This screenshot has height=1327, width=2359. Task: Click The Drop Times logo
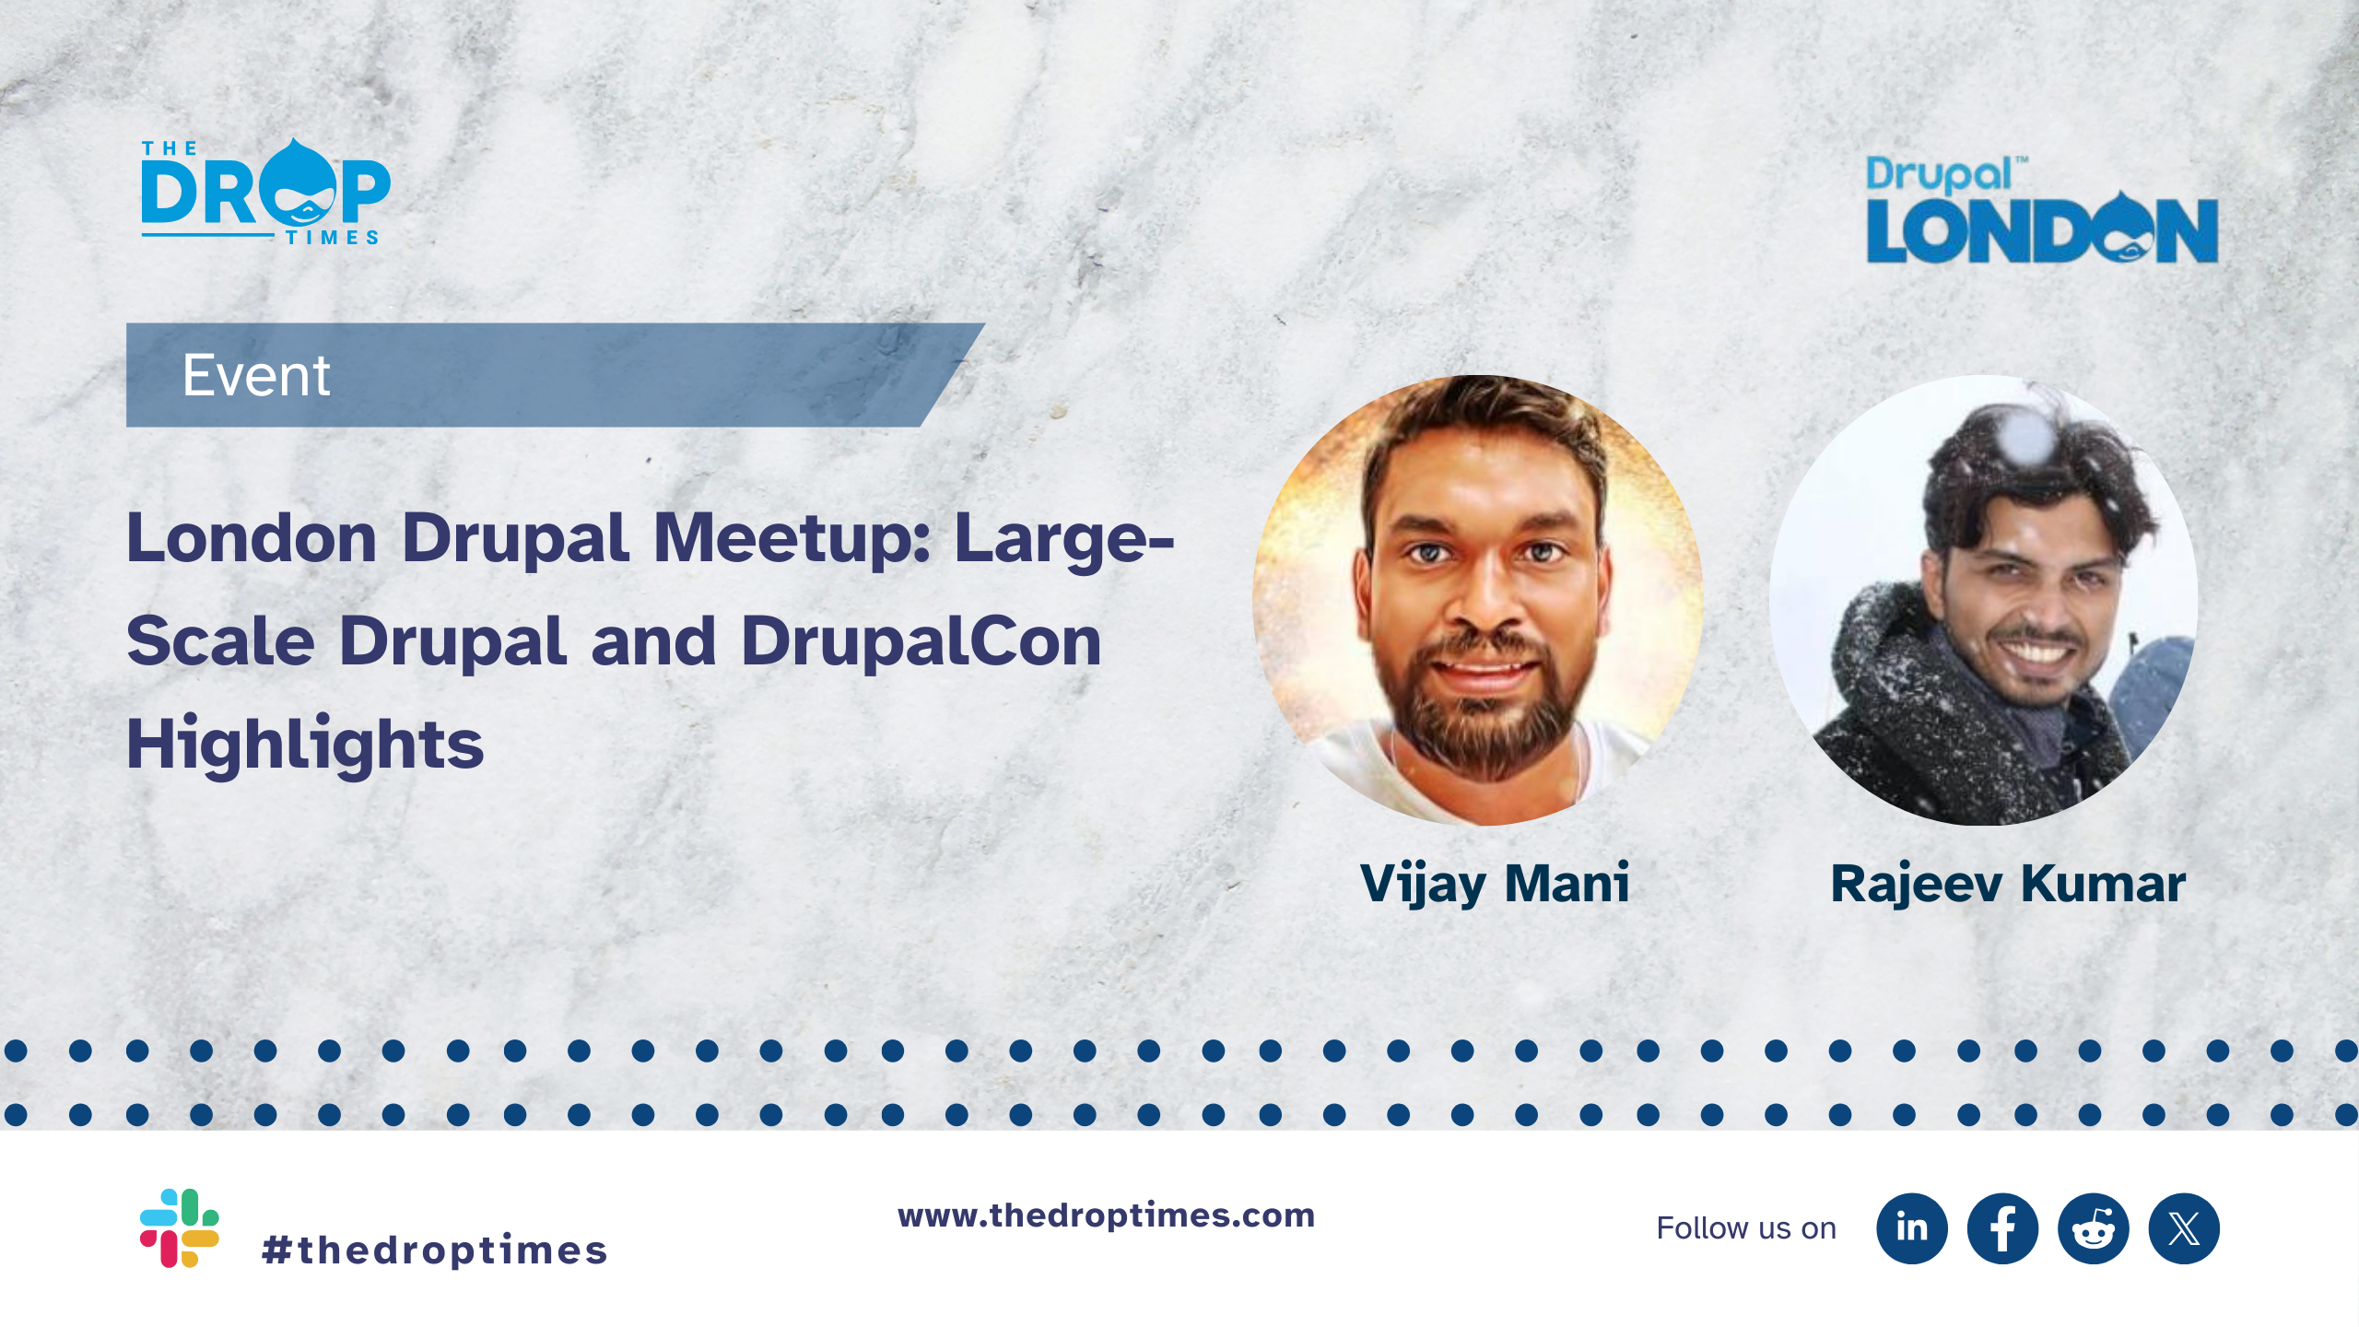click(265, 192)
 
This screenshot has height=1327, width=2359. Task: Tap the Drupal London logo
click(2042, 210)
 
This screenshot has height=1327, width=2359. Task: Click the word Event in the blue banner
click(256, 375)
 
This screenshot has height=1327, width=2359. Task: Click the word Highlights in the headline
click(305, 745)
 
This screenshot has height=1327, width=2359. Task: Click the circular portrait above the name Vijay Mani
click(1477, 600)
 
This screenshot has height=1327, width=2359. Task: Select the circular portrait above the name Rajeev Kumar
click(1983, 600)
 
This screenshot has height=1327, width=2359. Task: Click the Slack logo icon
click(179, 1227)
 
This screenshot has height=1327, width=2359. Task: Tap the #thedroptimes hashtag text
click(434, 1251)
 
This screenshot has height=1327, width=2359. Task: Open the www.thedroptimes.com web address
click(1107, 1215)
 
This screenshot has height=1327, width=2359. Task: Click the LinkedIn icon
click(1912, 1228)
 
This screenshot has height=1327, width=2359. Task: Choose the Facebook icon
click(2002, 1228)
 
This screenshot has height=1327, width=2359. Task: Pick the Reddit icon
click(2094, 1228)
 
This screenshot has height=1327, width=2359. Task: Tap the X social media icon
click(2184, 1228)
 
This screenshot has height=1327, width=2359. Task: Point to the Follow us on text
click(1746, 1228)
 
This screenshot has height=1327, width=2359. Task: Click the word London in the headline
click(252, 538)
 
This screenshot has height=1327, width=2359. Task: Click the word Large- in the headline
click(1064, 540)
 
